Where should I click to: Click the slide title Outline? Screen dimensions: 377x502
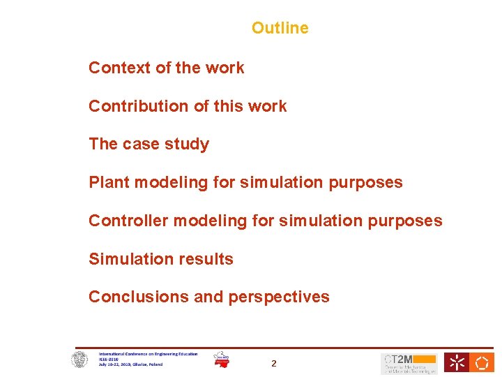point(280,28)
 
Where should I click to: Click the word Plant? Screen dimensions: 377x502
point(109,182)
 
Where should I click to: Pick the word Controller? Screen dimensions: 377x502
point(128,221)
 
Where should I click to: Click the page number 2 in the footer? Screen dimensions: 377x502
point(274,363)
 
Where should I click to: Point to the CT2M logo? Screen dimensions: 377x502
point(409,363)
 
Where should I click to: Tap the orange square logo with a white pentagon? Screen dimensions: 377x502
point(481,362)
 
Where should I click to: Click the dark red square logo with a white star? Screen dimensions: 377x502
point(457,362)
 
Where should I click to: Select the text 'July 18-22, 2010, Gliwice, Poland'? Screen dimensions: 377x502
point(130,364)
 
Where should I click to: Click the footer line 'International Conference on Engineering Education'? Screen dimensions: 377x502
point(148,354)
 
